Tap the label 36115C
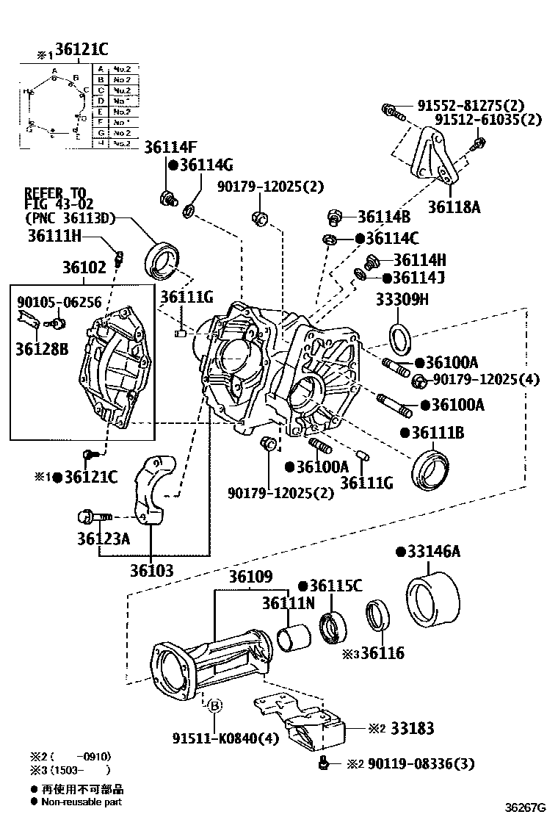[x=336, y=586]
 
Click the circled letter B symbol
[x=214, y=706]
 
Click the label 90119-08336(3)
[x=421, y=764]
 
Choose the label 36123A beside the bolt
[x=103, y=539]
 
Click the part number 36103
[x=152, y=570]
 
